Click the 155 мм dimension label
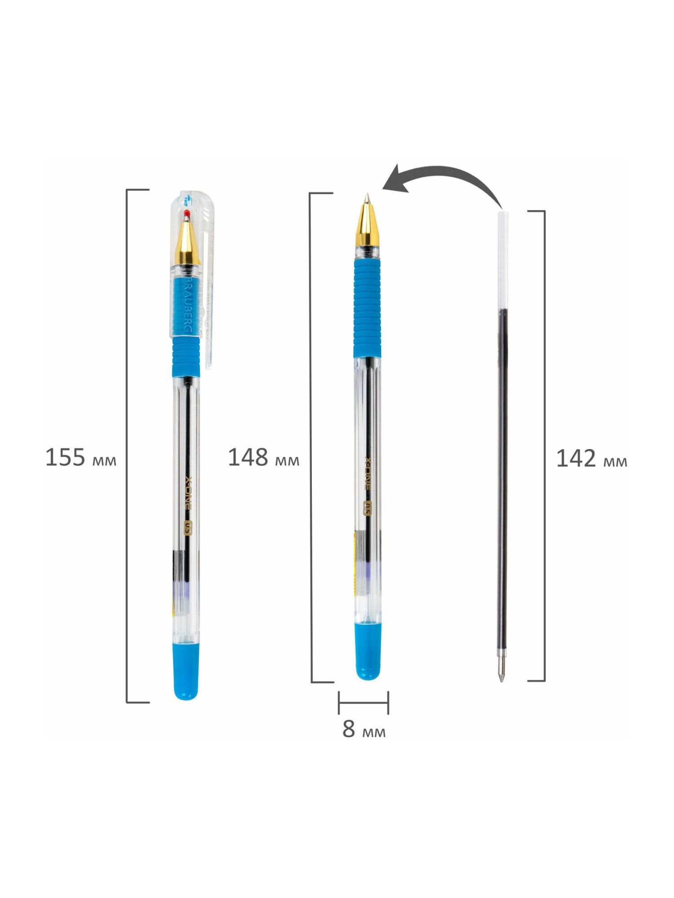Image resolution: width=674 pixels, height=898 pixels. point(81,458)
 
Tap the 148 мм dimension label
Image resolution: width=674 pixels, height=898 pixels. point(264,458)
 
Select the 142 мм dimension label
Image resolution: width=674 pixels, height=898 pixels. point(592,459)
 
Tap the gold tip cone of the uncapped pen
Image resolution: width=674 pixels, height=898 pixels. point(367,224)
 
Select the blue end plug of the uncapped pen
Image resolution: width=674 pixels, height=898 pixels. point(368,651)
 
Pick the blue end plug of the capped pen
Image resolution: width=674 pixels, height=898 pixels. point(186,672)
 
